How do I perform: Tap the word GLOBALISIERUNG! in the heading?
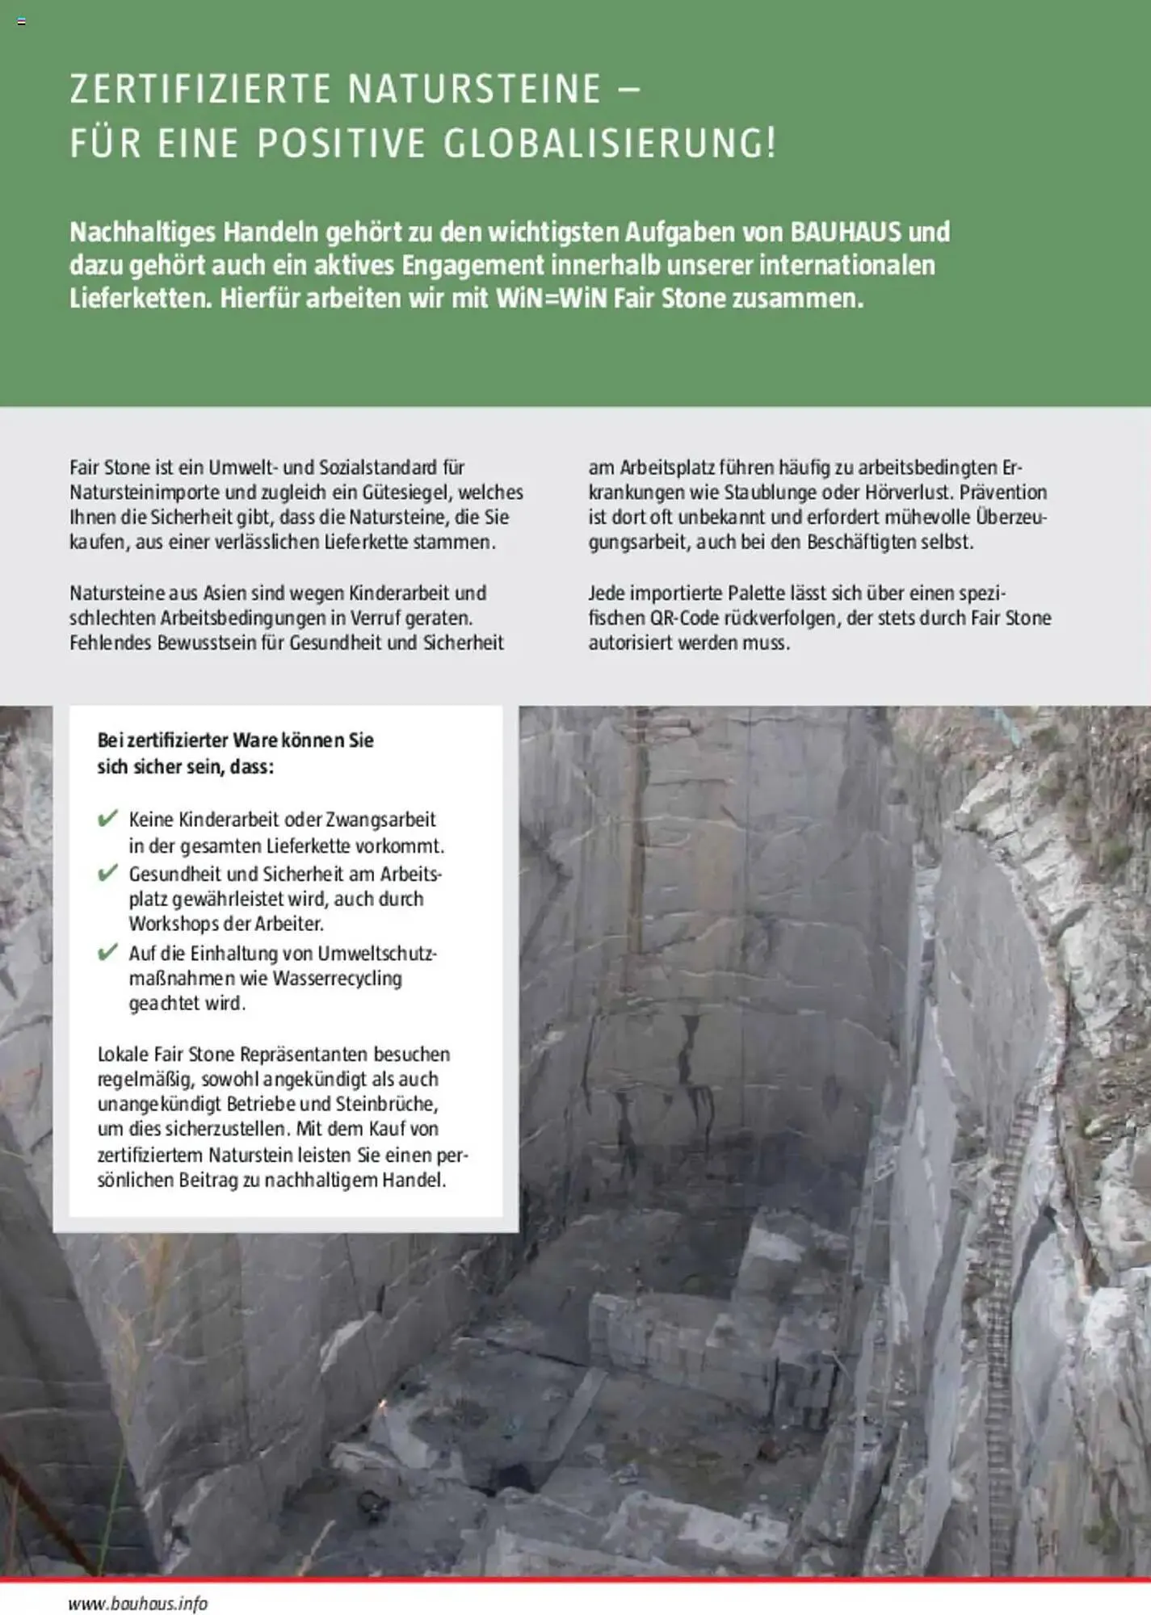tap(610, 144)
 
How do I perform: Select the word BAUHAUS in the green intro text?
tap(845, 233)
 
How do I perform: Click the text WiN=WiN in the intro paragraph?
tap(550, 299)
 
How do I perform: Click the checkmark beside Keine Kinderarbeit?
tap(107, 819)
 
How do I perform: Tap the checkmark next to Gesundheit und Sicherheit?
tap(107, 874)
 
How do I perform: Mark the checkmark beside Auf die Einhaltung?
tap(107, 953)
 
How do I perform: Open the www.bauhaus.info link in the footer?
tap(138, 1603)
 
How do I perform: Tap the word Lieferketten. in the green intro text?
tap(141, 299)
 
